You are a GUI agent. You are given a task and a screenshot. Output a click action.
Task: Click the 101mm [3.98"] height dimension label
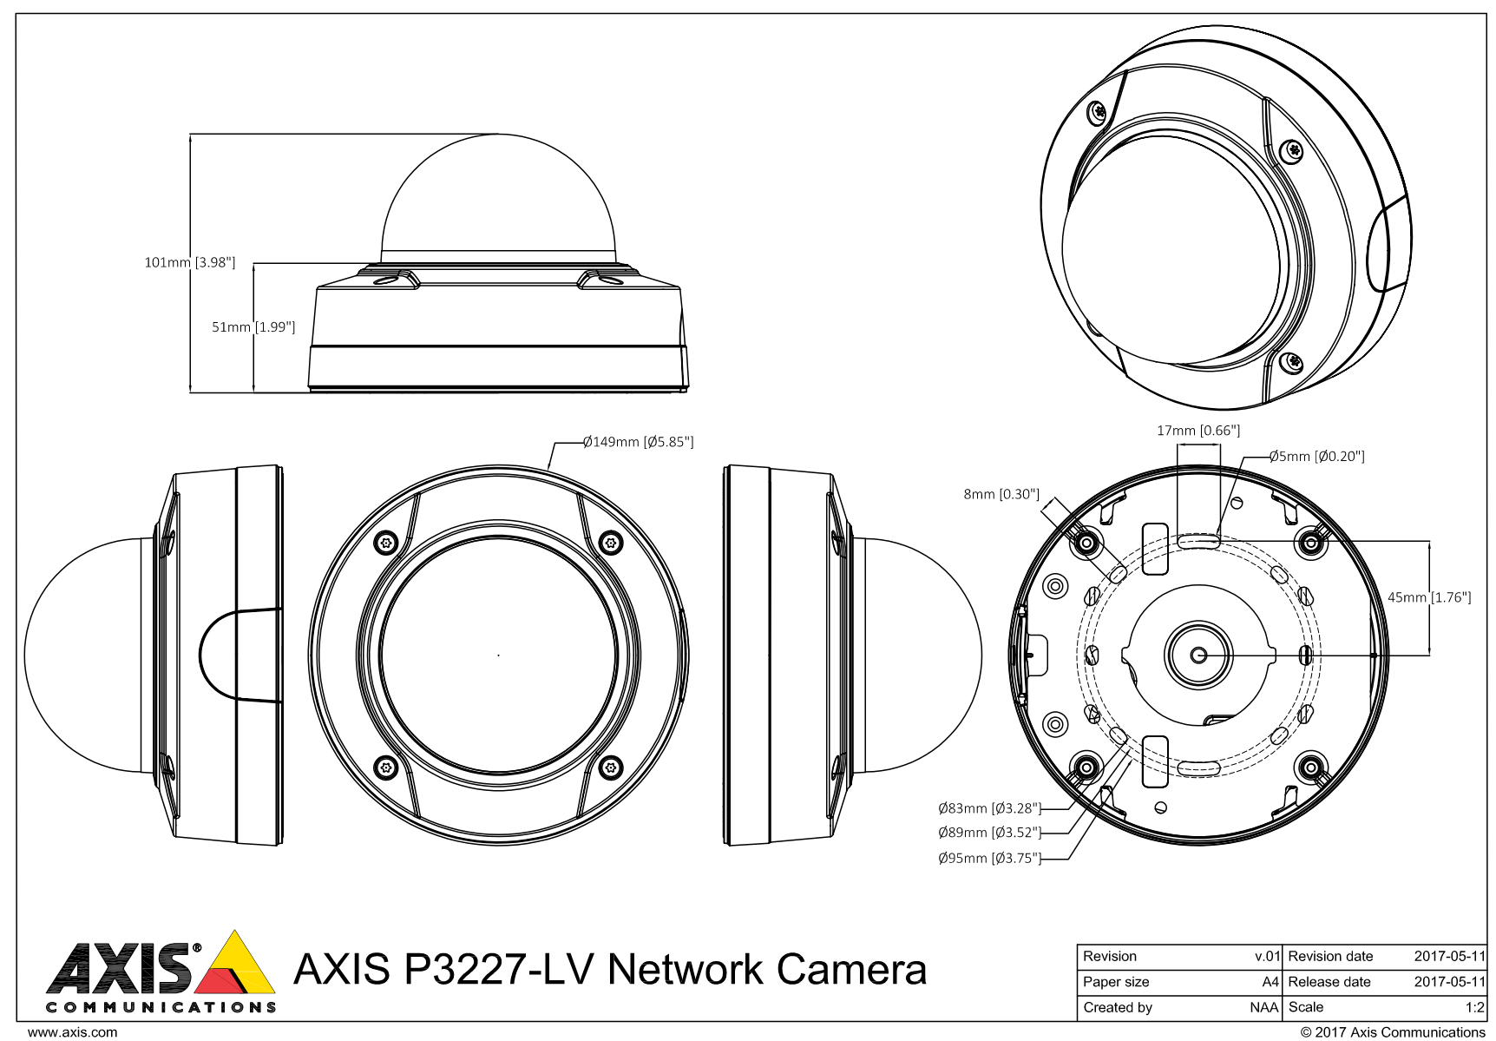click(189, 262)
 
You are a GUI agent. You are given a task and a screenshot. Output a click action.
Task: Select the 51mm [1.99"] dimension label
click(253, 327)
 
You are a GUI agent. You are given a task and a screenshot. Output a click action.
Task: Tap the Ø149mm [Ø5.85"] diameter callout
click(638, 442)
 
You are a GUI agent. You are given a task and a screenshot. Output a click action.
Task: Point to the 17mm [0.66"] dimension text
click(1197, 431)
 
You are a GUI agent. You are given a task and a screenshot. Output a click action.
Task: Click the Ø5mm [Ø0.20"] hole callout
click(1316, 457)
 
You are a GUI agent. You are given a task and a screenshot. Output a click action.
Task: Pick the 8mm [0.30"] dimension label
click(1001, 495)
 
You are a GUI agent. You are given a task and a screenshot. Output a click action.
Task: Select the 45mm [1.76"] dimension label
click(1429, 597)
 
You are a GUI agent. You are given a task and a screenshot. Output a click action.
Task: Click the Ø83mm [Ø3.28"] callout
click(989, 808)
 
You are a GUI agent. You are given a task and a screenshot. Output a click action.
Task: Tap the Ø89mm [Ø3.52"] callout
click(989, 833)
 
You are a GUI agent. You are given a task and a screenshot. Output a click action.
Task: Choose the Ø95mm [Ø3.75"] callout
click(989, 859)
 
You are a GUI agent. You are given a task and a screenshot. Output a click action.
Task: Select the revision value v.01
click(1267, 957)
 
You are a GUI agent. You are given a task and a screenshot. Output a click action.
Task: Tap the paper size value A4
click(1270, 982)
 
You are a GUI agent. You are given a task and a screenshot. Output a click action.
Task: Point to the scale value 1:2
click(1474, 1008)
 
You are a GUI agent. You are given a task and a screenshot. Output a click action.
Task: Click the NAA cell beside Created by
click(1263, 1008)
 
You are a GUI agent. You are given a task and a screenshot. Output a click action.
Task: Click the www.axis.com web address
click(72, 1032)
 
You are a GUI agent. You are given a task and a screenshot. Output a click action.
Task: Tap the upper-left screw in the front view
click(385, 544)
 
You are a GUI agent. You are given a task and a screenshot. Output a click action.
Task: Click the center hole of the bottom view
click(1198, 655)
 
